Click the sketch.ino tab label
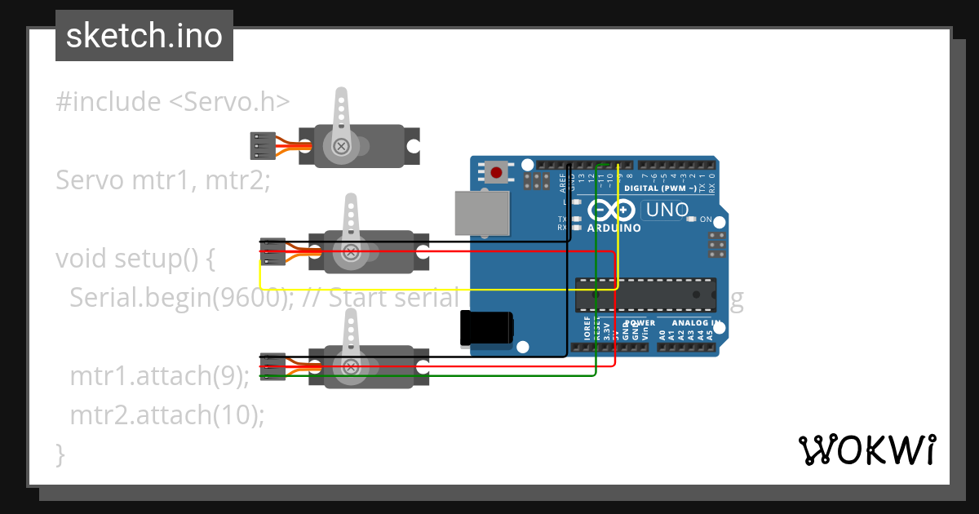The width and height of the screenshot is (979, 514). coord(144,36)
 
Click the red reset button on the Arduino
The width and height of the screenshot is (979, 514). coord(496,172)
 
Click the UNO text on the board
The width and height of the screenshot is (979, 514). coord(666,210)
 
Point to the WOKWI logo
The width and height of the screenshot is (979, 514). coord(866,450)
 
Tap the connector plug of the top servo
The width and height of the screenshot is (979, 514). coord(259,145)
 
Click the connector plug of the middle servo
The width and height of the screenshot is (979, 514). coord(272,251)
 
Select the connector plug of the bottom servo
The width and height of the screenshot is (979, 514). coord(272,366)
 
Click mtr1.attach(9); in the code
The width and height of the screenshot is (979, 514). coord(160,376)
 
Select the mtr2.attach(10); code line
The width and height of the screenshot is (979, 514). coord(168,414)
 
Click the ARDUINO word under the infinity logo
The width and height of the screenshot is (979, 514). coord(614,228)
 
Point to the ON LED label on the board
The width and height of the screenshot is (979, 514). coord(706,219)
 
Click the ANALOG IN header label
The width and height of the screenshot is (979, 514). coord(689,323)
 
